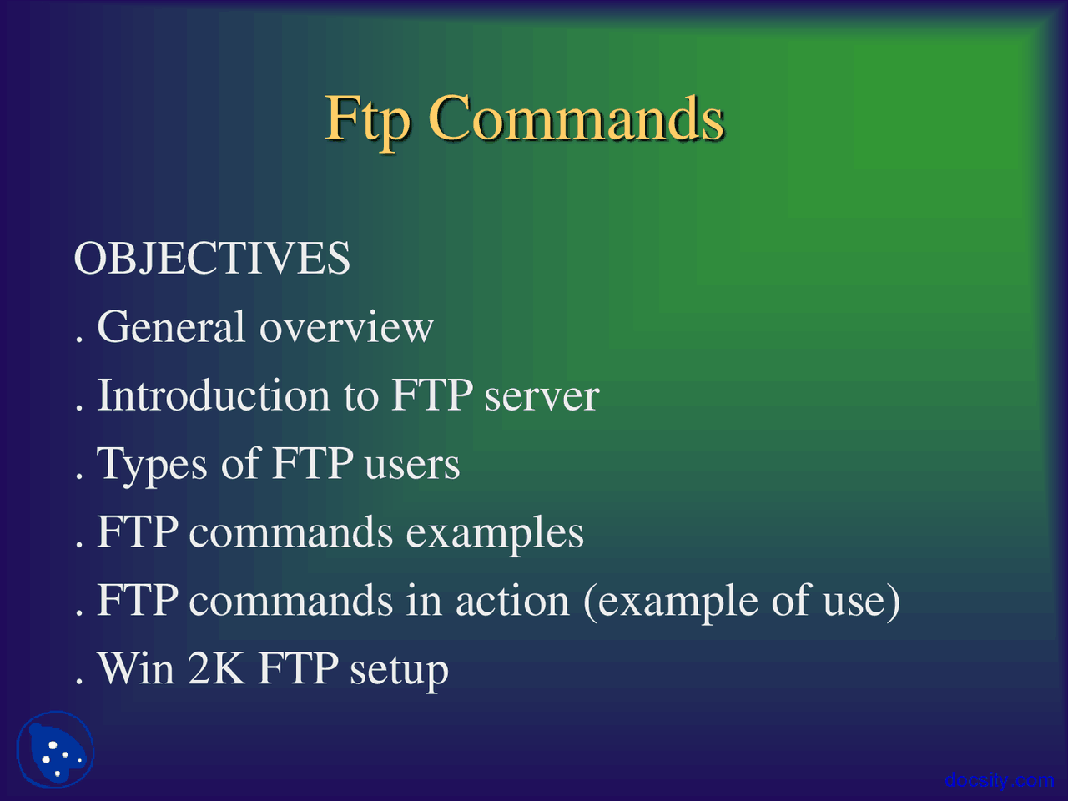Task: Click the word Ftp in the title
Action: click(x=367, y=119)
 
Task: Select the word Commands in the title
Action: click(x=576, y=119)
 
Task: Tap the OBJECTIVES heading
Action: click(x=212, y=259)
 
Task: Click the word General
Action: click(x=171, y=327)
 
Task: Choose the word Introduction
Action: click(x=214, y=395)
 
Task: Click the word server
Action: click(x=542, y=395)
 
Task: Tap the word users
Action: click(x=412, y=466)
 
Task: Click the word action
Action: click(x=512, y=601)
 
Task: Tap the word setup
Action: click(x=399, y=671)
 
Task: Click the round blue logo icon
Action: click(x=55, y=749)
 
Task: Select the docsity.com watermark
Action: click(x=1000, y=780)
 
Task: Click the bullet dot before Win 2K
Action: click(x=79, y=682)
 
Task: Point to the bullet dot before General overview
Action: click(x=79, y=340)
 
